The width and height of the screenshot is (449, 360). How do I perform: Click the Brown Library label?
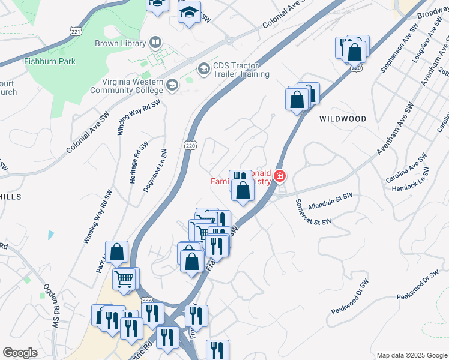pos(120,43)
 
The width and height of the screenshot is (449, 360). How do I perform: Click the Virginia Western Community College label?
pos(127,86)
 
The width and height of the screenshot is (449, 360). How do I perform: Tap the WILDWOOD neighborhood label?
pos(343,119)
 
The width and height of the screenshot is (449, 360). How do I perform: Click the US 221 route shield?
pos(75,31)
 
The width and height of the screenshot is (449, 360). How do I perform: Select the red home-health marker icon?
pos(279,176)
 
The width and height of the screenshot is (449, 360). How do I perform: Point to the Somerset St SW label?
pos(313,214)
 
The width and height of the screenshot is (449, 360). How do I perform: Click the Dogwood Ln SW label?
pos(154,171)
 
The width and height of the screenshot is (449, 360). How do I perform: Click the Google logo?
pos(20,353)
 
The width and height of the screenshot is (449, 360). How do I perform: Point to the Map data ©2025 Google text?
pos(411,355)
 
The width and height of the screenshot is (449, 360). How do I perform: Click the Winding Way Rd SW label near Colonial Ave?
pos(140,116)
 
